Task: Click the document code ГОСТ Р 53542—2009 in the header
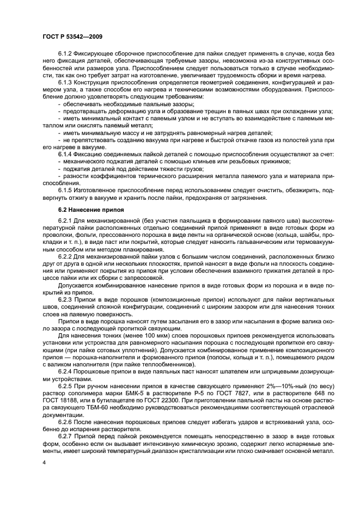coord(71,36)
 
